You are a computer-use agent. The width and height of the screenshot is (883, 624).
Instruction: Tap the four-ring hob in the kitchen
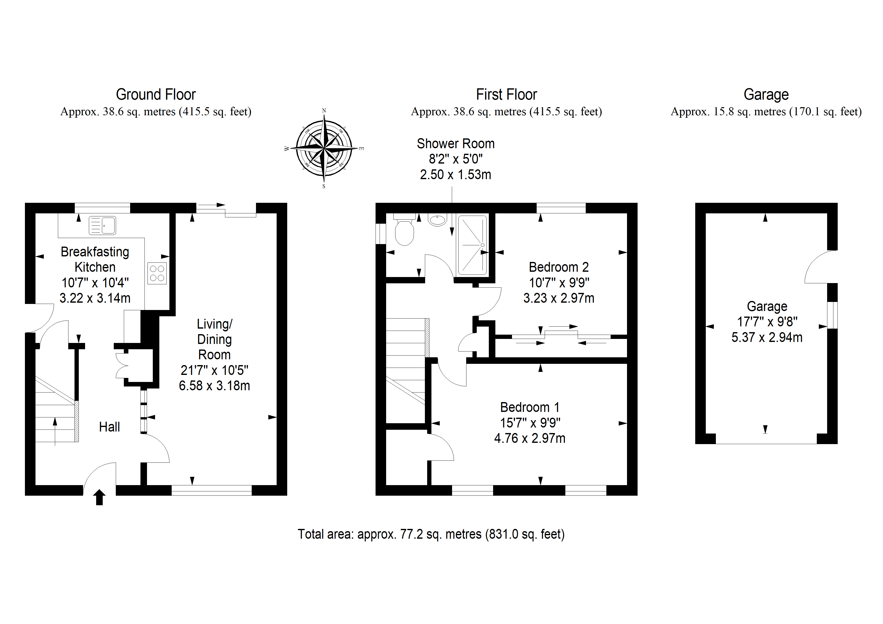(x=157, y=273)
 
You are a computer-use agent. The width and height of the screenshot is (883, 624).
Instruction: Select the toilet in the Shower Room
(x=404, y=230)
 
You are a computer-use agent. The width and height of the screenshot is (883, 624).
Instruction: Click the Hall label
(x=109, y=427)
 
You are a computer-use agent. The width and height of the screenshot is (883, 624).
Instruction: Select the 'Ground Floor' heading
(x=156, y=95)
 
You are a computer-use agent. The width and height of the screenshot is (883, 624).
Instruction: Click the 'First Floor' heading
(x=506, y=95)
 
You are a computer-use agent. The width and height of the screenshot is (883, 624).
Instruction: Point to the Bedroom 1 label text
(x=530, y=407)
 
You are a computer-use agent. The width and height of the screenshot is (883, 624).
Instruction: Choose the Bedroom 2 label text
(x=559, y=267)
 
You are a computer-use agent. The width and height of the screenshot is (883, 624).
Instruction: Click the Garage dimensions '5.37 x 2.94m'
(x=767, y=337)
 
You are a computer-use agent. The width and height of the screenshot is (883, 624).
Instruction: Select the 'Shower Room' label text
(x=456, y=144)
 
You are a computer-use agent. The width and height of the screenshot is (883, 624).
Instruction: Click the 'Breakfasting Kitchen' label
(x=95, y=259)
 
